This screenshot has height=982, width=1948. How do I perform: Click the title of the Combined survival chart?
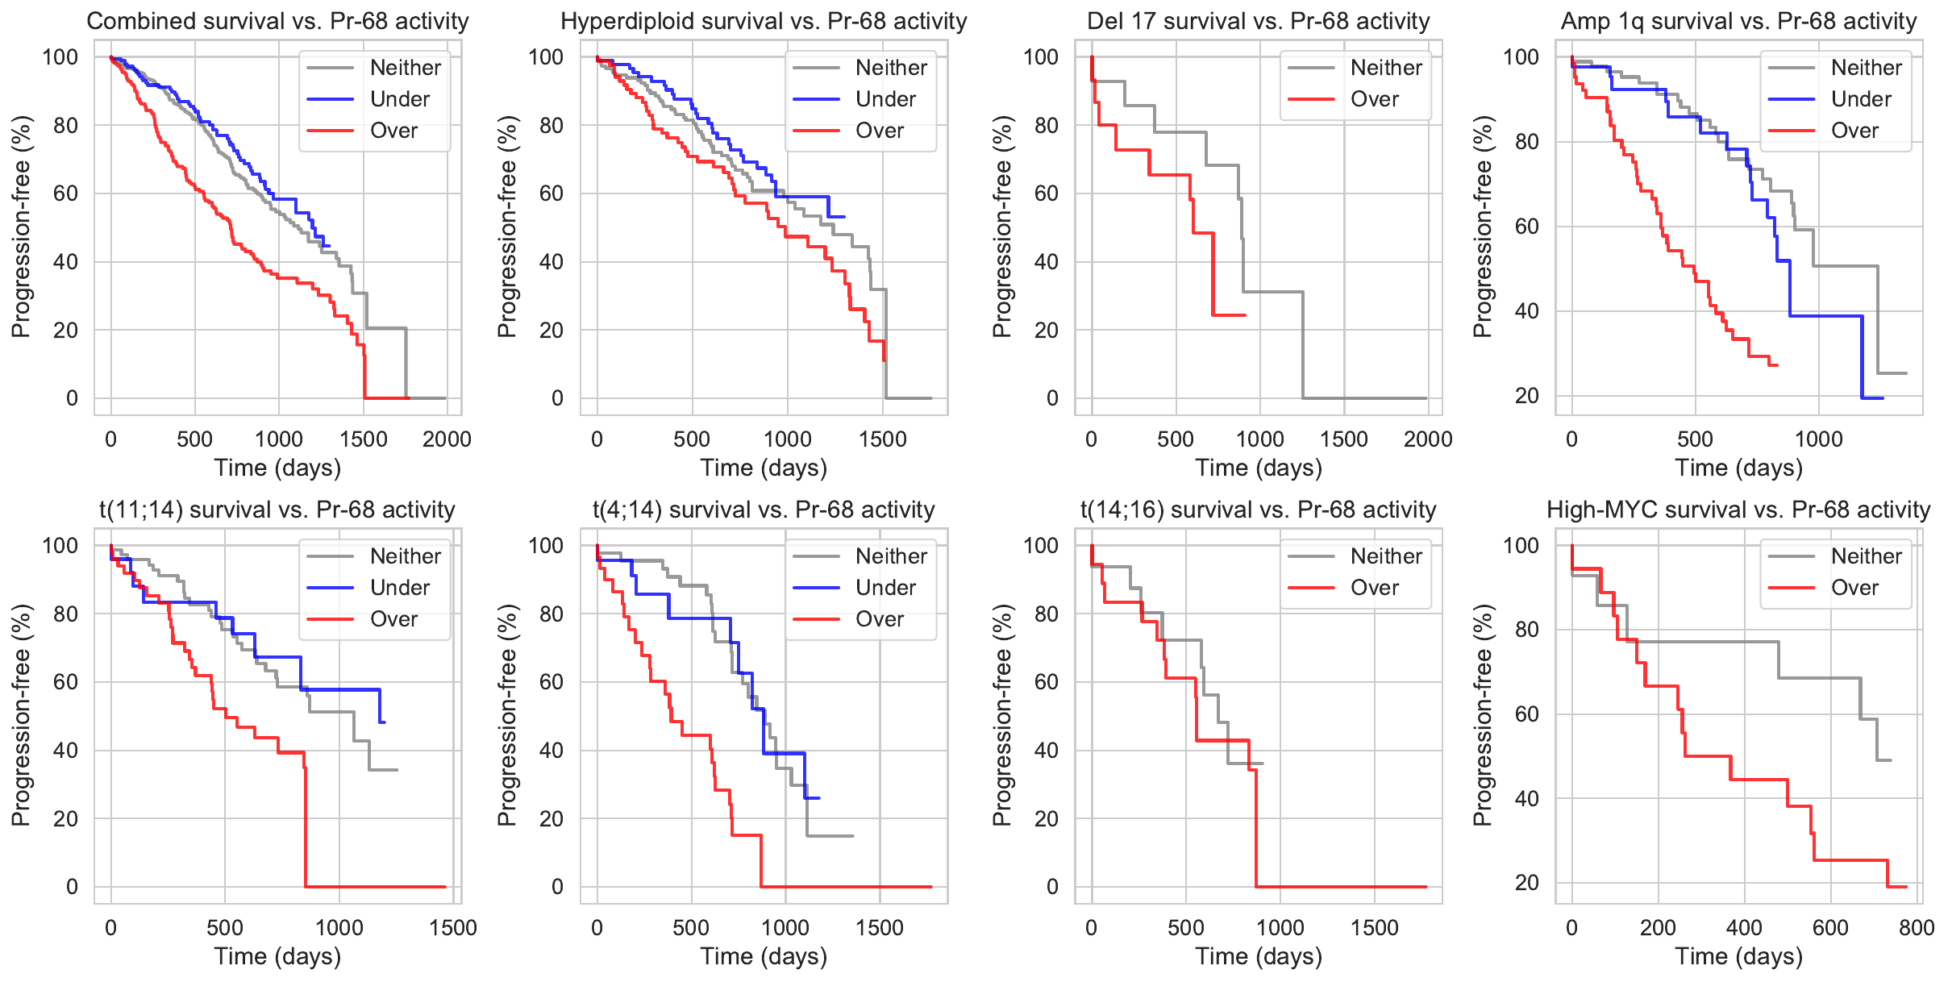coord(277,21)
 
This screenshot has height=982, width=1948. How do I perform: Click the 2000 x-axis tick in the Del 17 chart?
coord(1427,439)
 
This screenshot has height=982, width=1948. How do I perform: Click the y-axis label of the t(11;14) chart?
coord(21,715)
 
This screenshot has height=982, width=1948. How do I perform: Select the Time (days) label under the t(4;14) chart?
coord(764,956)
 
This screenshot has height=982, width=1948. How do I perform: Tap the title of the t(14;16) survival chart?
coord(1258,510)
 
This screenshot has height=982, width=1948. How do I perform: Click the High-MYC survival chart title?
coord(1738,510)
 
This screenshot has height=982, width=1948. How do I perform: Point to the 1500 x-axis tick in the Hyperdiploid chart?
coord(883,439)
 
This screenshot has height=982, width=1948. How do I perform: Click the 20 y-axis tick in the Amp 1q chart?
coord(1526,396)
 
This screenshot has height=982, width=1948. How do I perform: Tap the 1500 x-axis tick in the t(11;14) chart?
coord(453,928)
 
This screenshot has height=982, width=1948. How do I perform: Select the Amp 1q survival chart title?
coord(1738,21)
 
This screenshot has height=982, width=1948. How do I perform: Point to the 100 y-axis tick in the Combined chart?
coord(60,57)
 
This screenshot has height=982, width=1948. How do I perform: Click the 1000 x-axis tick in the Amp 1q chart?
coord(1818,439)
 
